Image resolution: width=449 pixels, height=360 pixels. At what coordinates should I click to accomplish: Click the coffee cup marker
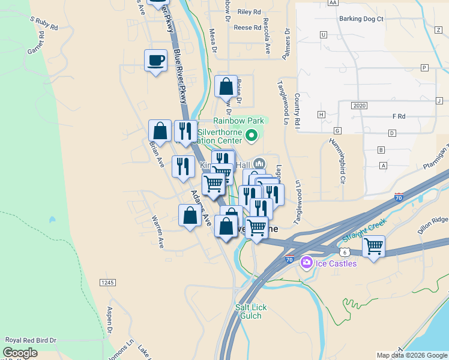155,61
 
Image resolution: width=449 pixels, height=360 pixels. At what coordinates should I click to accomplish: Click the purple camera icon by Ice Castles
307,262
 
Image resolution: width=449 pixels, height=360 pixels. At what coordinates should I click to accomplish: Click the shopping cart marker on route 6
373,246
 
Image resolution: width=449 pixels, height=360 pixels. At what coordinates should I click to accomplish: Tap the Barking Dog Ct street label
361,19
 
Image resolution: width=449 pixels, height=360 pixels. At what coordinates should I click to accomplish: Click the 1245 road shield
107,282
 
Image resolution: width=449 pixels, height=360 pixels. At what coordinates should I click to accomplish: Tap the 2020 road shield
359,106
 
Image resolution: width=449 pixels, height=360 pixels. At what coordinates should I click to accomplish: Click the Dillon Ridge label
432,221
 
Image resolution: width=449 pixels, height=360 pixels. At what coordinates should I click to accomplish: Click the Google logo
20,353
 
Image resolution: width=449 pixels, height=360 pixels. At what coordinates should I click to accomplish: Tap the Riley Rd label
249,11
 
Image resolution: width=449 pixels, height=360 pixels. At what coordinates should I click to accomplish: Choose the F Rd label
399,116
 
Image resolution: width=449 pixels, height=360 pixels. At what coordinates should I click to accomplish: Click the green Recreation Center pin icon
252,137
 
